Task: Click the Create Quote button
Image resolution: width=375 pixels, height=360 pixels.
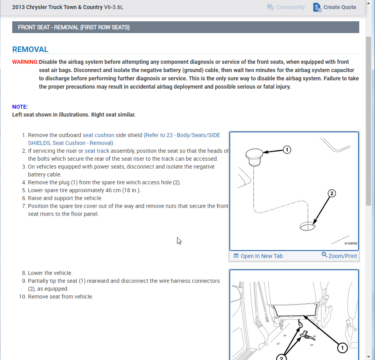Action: tap(335, 7)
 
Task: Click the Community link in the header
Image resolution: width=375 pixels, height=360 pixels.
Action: tap(286, 7)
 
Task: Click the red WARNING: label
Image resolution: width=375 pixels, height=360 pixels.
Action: tap(25, 62)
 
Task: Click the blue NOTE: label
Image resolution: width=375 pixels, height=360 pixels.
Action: tap(20, 107)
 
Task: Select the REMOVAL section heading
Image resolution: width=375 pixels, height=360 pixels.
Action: tap(30, 50)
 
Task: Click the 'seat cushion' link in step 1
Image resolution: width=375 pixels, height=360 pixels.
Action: tap(98, 135)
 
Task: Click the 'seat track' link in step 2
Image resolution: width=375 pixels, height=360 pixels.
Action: tap(97, 151)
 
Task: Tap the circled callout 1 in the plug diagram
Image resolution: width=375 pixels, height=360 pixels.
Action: tap(287, 150)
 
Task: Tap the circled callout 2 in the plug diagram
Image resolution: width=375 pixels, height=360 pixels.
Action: tap(332, 193)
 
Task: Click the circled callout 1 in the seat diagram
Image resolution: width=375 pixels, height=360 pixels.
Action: tap(342, 347)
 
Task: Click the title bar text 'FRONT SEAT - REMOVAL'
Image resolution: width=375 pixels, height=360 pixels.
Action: tap(74, 27)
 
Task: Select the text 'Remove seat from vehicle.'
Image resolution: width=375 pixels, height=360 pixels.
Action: tap(61, 297)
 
